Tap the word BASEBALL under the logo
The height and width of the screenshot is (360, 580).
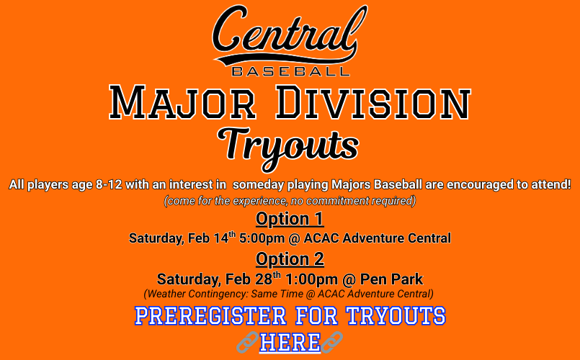(290, 71)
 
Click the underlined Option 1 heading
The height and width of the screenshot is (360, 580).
(290, 219)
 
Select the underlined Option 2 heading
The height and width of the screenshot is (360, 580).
(290, 259)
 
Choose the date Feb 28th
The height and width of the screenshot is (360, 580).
(252, 279)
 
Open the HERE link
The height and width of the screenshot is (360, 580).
(290, 343)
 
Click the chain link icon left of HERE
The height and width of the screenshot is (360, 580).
(247, 343)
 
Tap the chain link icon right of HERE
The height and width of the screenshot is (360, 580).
(332, 343)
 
